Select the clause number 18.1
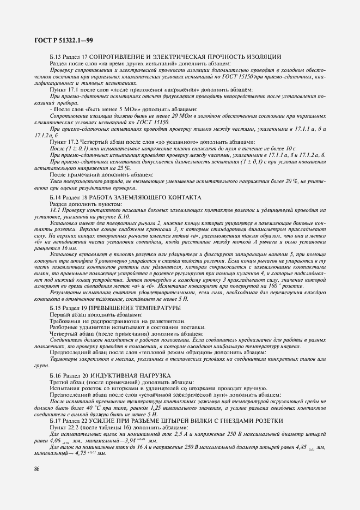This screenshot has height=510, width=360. coord(55,210)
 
